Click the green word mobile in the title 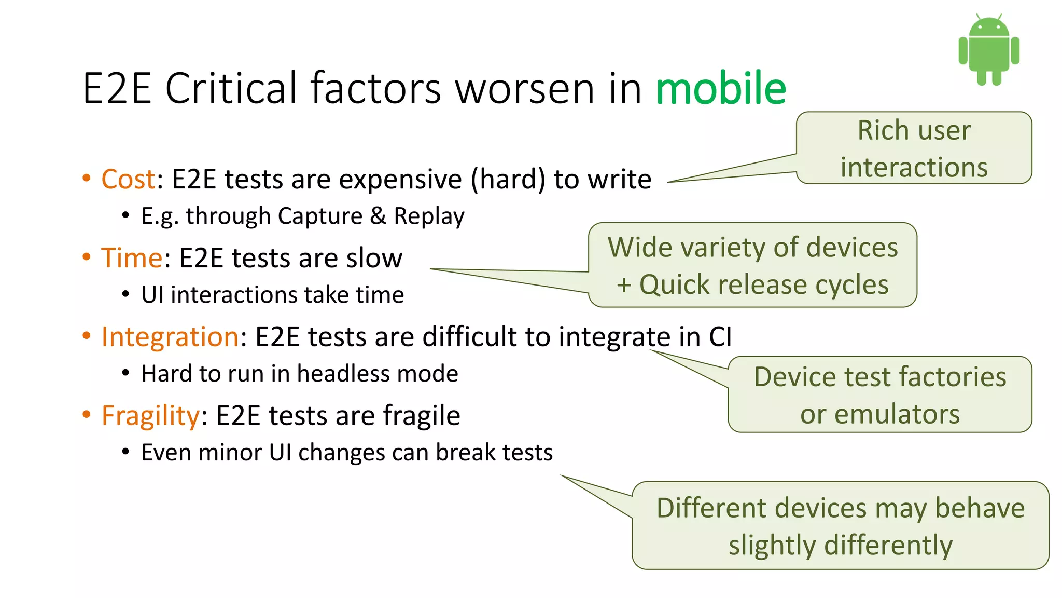721,88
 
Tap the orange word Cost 128,180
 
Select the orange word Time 132,258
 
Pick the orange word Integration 170,337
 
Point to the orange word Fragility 150,416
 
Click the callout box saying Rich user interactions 914,148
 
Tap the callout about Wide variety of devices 752,265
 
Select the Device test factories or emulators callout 880,395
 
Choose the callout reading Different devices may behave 840,525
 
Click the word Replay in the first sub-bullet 429,216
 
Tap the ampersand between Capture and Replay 378,216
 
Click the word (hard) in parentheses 508,180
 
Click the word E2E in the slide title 117,88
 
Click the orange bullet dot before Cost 87,178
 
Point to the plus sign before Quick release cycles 624,285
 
